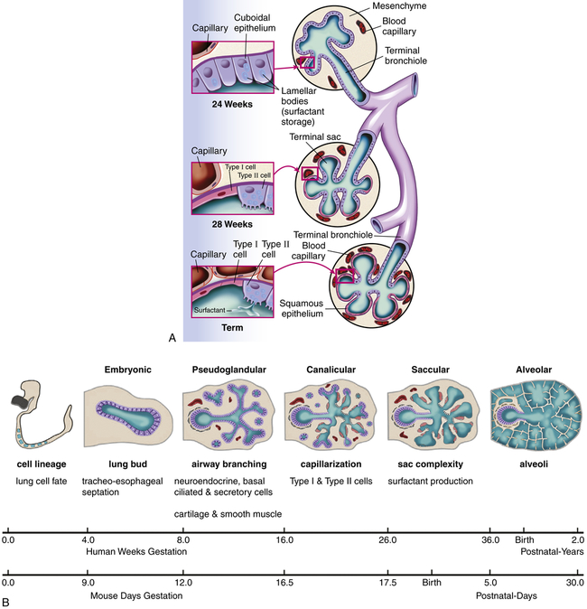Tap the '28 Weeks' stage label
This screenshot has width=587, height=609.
pos(220,221)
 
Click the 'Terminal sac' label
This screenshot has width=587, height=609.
pos(314,136)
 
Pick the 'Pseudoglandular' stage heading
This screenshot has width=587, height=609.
pos(230,369)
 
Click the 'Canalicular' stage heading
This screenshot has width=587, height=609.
pos(331,369)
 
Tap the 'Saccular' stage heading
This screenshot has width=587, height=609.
pos(430,369)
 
